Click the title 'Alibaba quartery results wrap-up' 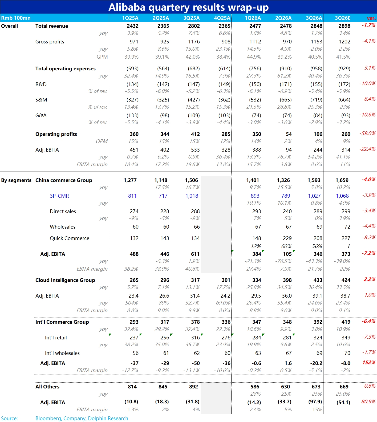(188, 7)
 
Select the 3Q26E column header (343, 18)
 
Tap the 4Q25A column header (222, 18)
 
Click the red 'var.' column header (371, 18)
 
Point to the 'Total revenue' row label (52, 26)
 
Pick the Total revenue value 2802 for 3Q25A (194, 26)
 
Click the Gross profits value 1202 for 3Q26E (344, 42)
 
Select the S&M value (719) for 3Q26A (316, 100)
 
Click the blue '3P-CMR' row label (59, 196)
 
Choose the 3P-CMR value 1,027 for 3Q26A (314, 196)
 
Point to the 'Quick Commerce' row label (70, 238)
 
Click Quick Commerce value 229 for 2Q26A (287, 238)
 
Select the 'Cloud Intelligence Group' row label (65, 280)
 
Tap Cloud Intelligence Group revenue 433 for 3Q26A (318, 280)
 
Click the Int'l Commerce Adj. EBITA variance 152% (369, 363)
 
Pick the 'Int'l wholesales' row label (62, 353)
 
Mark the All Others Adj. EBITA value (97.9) (315, 402)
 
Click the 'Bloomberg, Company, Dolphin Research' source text (82, 419)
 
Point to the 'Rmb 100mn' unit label (16, 18)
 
